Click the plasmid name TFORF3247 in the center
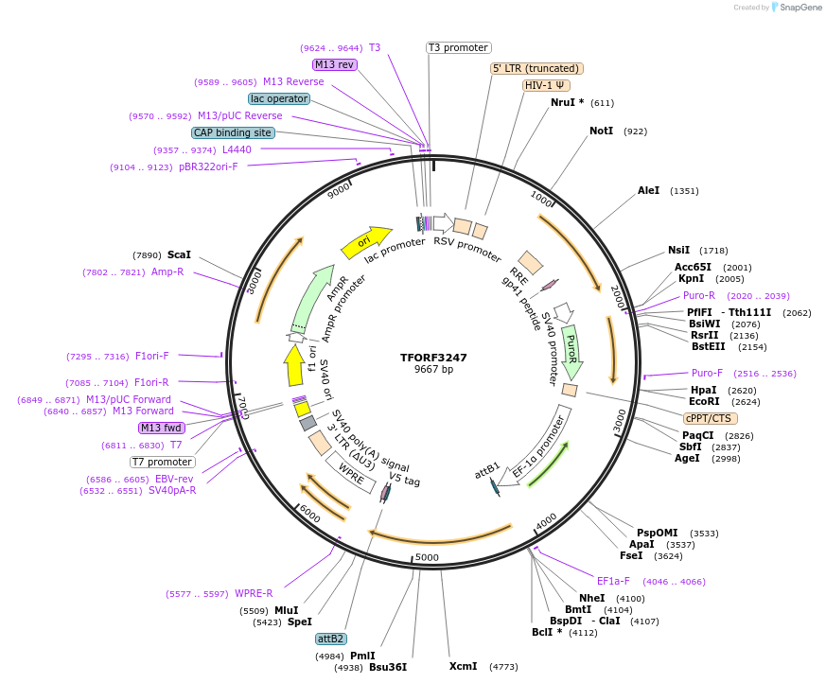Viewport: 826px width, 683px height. [433, 358]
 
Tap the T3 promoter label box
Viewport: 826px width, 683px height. [458, 47]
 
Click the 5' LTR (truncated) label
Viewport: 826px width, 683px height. [536, 68]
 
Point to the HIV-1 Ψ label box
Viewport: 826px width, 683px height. [547, 85]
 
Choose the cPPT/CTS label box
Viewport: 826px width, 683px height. [710, 418]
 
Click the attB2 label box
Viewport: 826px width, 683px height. [330, 639]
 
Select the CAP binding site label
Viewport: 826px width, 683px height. [233, 133]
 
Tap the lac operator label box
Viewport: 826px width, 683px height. [279, 98]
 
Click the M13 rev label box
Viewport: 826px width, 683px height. [335, 64]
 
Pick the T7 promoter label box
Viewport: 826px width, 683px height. [162, 463]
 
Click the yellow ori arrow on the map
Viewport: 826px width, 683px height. [366, 242]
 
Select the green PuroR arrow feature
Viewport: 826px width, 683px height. [571, 351]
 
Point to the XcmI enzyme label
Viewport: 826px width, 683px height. [463, 666]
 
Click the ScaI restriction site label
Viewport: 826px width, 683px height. [179, 254]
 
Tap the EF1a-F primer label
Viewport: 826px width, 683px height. [617, 581]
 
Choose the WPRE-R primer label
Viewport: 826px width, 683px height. [254, 594]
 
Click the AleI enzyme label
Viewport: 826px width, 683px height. [648, 190]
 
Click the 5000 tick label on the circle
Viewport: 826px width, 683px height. [428, 557]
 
